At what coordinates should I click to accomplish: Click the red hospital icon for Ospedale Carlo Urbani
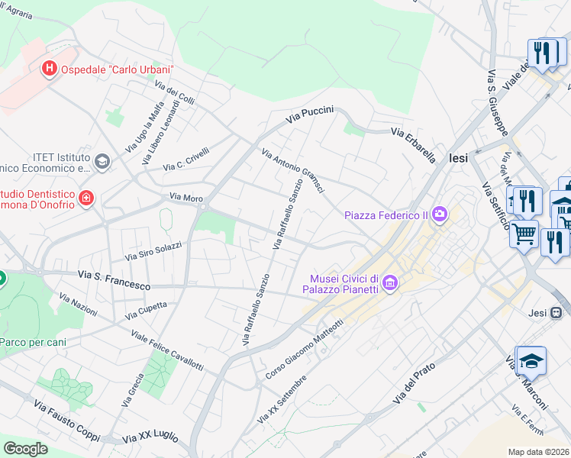(50, 69)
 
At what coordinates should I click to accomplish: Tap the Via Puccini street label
(310, 115)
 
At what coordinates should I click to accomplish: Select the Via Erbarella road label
(413, 144)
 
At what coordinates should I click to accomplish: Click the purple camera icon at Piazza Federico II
(440, 214)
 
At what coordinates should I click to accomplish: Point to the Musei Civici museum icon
(390, 284)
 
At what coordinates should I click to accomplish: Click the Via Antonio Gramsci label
(294, 170)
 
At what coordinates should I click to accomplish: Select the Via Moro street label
(186, 198)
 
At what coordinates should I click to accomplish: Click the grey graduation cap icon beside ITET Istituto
(102, 161)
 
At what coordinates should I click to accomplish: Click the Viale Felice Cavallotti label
(166, 351)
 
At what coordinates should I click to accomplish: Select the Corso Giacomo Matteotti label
(305, 350)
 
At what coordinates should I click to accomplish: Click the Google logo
(25, 449)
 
